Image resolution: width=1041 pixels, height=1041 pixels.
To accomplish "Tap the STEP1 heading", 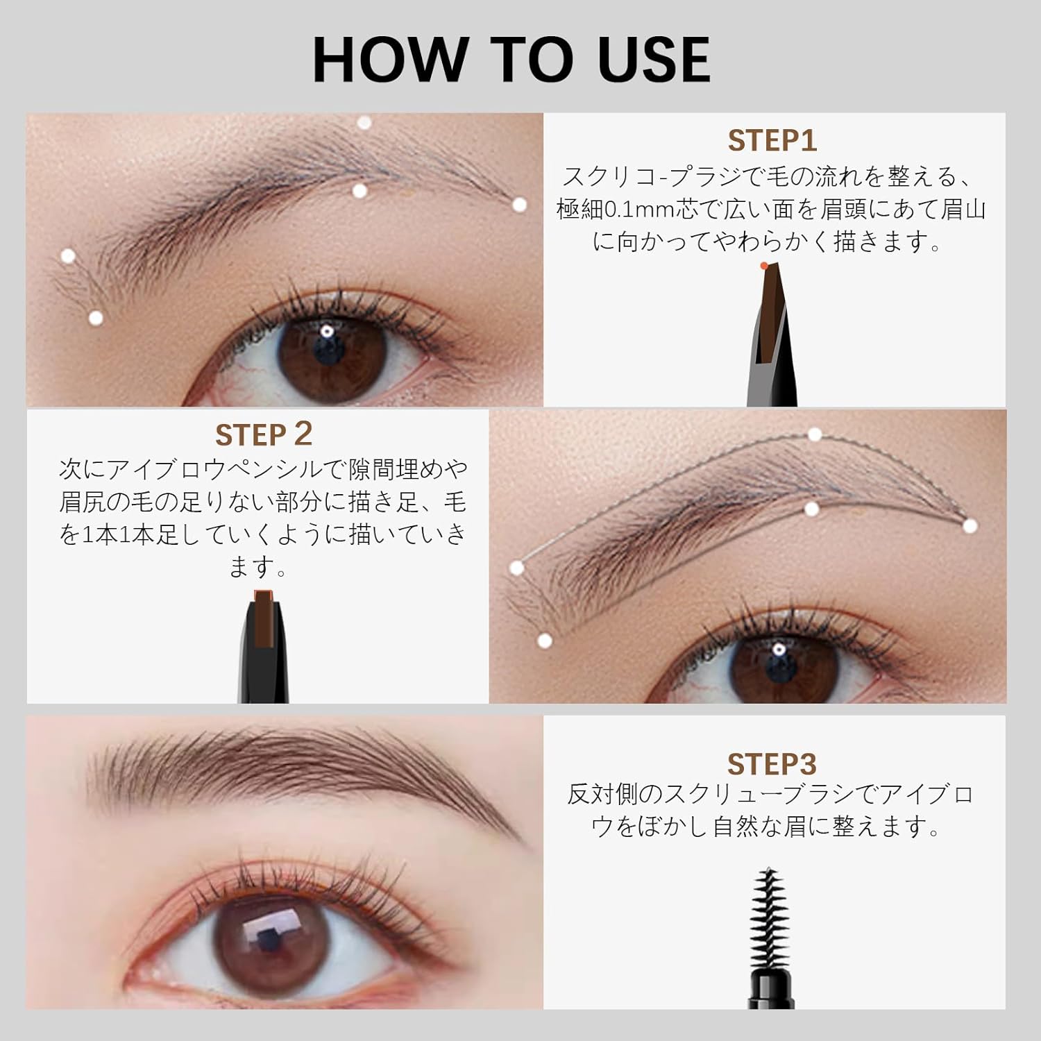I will tap(772, 141).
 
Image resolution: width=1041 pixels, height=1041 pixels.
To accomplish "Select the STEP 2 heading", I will tap(264, 435).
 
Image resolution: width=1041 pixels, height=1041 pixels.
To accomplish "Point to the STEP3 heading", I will tap(772, 764).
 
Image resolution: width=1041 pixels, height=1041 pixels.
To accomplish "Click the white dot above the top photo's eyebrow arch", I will tap(364, 123).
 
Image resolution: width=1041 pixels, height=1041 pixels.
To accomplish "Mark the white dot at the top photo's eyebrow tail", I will tap(520, 205).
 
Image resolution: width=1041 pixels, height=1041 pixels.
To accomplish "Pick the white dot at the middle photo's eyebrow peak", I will tap(815, 434).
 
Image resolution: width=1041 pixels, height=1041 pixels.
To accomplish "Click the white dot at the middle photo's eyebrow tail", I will tap(970, 525).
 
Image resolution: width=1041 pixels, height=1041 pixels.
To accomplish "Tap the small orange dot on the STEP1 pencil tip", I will tap(763, 265).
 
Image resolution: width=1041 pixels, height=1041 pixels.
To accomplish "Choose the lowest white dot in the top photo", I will tap(96, 318).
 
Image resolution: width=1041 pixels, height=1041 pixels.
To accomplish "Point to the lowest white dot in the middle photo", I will tap(545, 640).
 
